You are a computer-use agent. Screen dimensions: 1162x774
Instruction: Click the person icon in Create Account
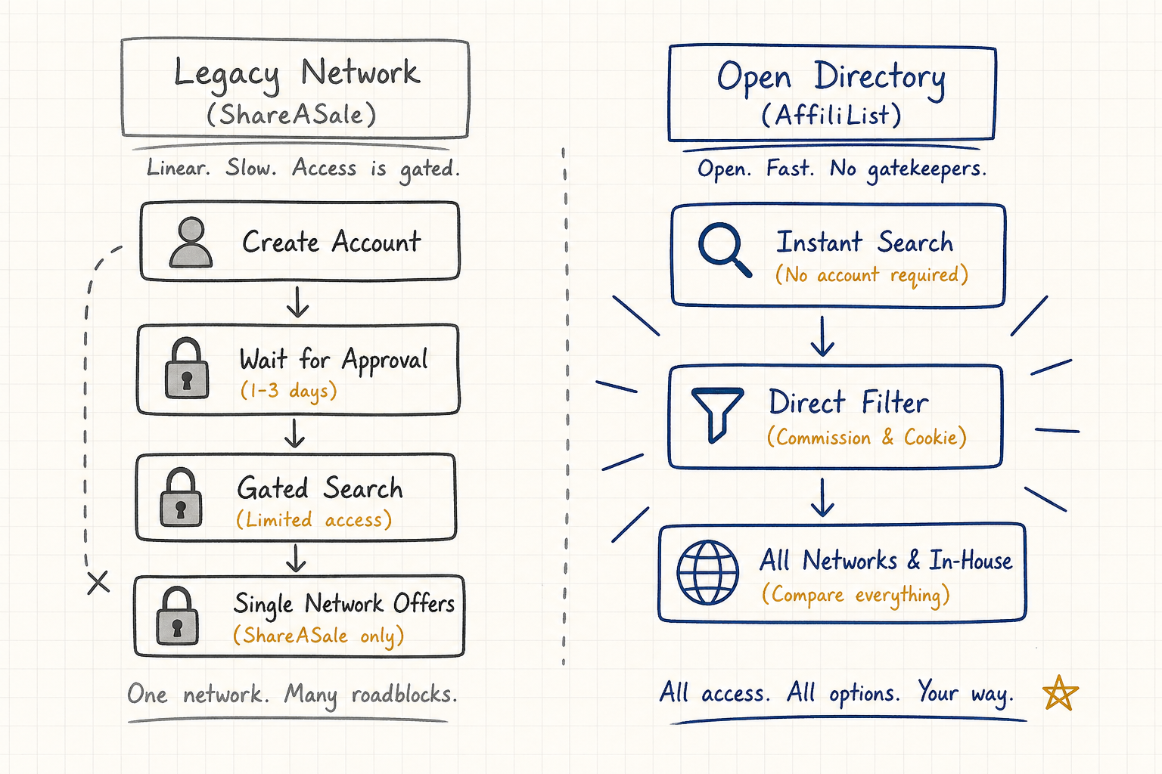tap(191, 242)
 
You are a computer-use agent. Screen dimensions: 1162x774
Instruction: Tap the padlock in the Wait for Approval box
tap(187, 369)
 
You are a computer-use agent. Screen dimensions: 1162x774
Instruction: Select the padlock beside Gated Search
tap(181, 497)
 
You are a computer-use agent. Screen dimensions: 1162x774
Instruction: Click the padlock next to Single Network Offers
tap(178, 616)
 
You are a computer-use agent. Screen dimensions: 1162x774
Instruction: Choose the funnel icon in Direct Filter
tap(717, 414)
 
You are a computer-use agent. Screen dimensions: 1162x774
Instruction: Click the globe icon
tap(707, 572)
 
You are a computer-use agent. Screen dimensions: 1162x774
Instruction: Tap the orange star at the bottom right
tap(1060, 693)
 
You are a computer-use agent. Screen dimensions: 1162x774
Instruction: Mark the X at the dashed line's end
tap(98, 582)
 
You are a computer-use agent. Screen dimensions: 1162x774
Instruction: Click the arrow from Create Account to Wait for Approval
tap(298, 302)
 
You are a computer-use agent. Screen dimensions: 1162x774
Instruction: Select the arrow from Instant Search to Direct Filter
tap(823, 336)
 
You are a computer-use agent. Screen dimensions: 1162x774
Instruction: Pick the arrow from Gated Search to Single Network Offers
tap(296, 558)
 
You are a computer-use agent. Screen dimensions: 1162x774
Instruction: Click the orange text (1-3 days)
tap(289, 390)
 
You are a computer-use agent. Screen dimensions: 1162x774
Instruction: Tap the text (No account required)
tap(871, 275)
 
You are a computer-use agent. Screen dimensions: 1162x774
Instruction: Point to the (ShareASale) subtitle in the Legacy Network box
tap(291, 114)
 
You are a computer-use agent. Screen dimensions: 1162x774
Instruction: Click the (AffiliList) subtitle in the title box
tap(831, 115)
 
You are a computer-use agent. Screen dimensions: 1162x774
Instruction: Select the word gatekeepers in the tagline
tap(927, 169)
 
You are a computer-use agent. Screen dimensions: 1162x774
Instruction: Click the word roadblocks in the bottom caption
tap(404, 695)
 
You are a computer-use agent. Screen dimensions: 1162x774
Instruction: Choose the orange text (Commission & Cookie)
tap(867, 437)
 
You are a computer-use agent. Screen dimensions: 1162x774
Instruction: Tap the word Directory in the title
tap(880, 79)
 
